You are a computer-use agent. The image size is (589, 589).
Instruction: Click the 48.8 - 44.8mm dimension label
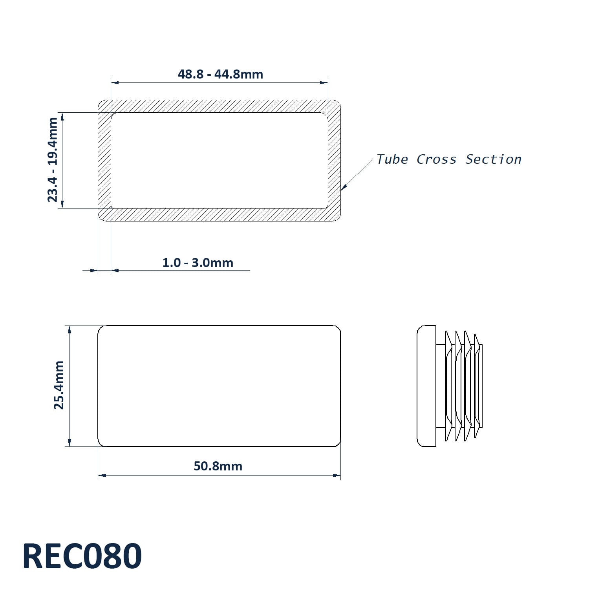[x=220, y=74]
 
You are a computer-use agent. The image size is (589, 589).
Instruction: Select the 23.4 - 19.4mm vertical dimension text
[x=53, y=160]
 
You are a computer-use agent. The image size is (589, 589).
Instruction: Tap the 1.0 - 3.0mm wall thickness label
[x=198, y=263]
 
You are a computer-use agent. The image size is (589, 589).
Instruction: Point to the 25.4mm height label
[x=59, y=385]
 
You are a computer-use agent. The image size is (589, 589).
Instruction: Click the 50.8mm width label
[x=218, y=466]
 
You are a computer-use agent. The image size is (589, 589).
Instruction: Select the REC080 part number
[x=82, y=556]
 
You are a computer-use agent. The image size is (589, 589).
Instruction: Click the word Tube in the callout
[x=392, y=159]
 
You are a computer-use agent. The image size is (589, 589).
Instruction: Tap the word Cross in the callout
[x=437, y=159]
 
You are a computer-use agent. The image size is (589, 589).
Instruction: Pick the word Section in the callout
[x=494, y=159]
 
